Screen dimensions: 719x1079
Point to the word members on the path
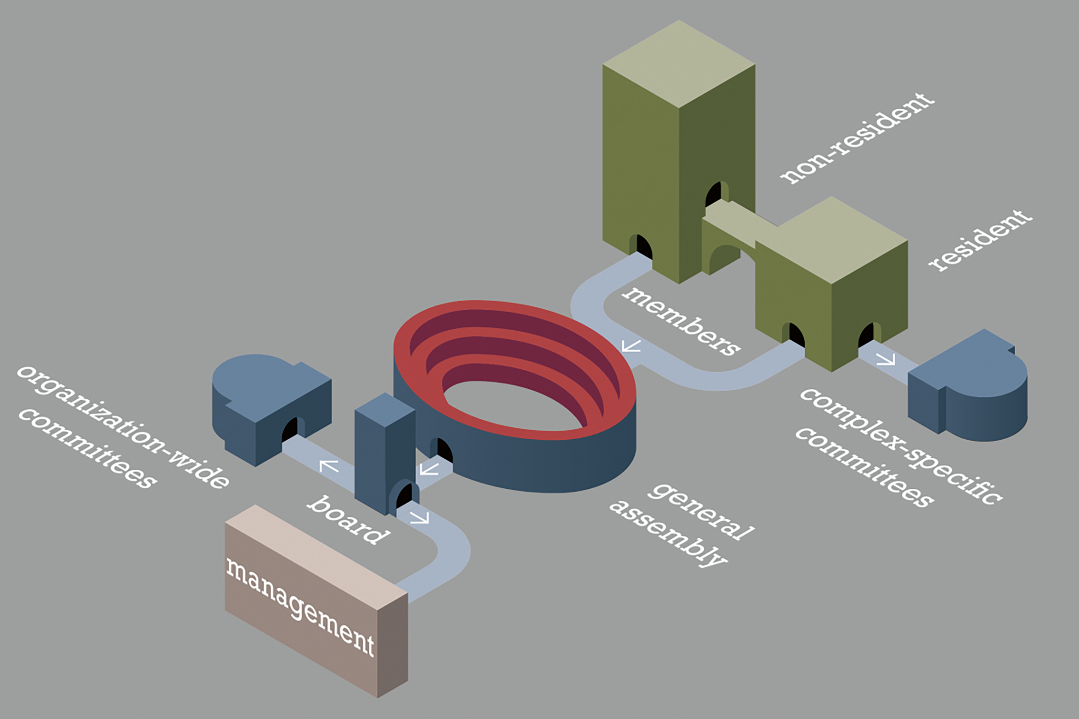point(681,321)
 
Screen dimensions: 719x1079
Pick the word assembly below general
point(668,534)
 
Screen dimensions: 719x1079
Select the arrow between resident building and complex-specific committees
point(885,359)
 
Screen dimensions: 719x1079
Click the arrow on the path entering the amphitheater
point(631,346)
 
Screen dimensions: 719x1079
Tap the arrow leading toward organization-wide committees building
point(329,466)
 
